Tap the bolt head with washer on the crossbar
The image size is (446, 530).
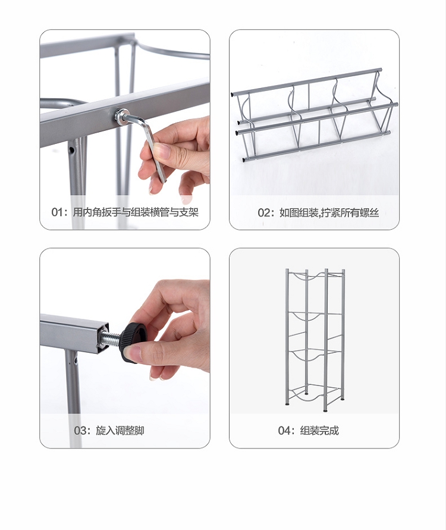(x=120, y=115)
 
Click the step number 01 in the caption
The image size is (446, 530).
(x=56, y=212)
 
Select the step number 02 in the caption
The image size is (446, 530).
(x=264, y=213)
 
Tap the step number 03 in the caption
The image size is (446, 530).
(x=80, y=431)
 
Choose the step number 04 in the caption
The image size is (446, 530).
(x=284, y=431)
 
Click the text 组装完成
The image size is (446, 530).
(x=319, y=431)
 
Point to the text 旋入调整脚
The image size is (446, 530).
(x=120, y=431)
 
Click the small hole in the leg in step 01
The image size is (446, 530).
(x=72, y=149)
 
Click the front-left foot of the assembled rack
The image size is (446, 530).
(x=287, y=403)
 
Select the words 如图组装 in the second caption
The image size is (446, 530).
(x=299, y=212)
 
